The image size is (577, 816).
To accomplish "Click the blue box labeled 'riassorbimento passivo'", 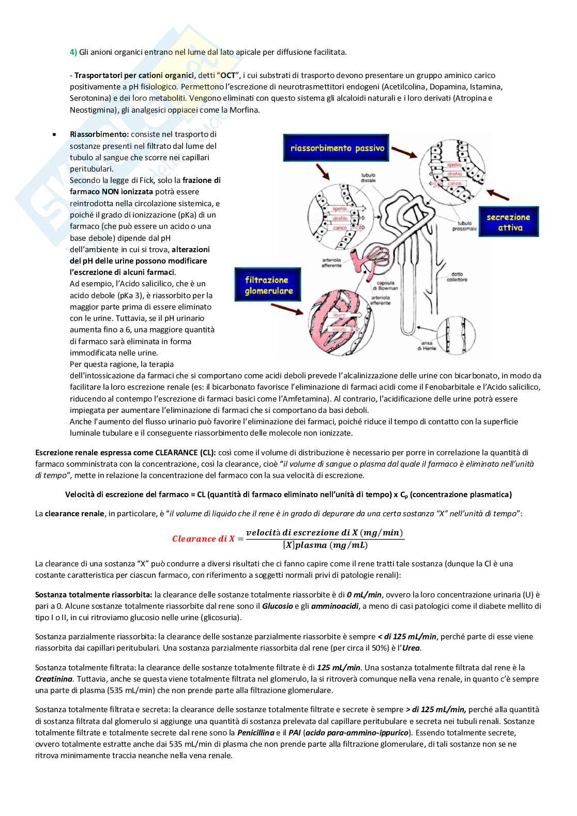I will point(337,148).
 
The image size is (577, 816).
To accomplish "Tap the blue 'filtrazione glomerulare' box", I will point(269,285).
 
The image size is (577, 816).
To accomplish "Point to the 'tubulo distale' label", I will point(369,178).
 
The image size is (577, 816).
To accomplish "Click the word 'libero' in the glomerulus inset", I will point(339,315).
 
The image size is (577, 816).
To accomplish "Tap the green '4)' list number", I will point(73,52).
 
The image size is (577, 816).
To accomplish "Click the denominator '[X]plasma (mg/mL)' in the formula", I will point(325,545).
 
